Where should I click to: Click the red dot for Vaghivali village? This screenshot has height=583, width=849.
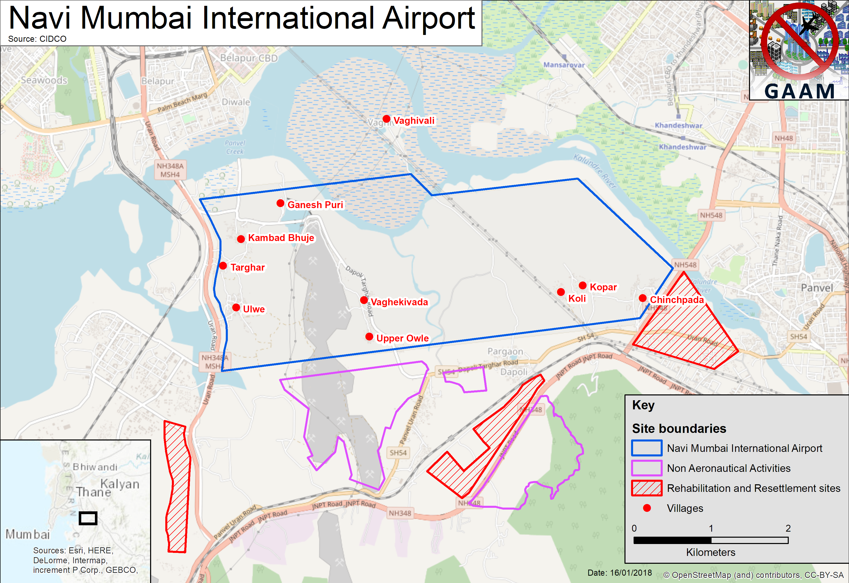pos(386,119)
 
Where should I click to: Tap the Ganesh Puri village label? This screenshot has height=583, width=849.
pos(315,205)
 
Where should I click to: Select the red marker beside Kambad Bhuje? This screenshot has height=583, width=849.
pos(241,239)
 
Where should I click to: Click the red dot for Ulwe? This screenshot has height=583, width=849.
pos(236,308)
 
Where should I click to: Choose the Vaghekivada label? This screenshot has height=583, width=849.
pos(399,302)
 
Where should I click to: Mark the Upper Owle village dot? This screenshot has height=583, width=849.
pos(369,336)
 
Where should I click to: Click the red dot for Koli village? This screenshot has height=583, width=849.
pos(561,292)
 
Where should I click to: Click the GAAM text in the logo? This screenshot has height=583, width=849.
pos(799,91)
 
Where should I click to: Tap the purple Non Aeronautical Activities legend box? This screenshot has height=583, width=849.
pos(646,468)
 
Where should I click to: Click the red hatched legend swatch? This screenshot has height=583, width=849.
pos(646,488)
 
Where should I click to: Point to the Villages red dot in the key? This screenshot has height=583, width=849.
pos(646,508)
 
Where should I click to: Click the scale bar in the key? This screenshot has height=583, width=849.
pos(711,540)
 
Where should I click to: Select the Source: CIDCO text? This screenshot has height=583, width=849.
pos(37,39)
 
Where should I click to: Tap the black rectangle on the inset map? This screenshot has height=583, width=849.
pos(88,518)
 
